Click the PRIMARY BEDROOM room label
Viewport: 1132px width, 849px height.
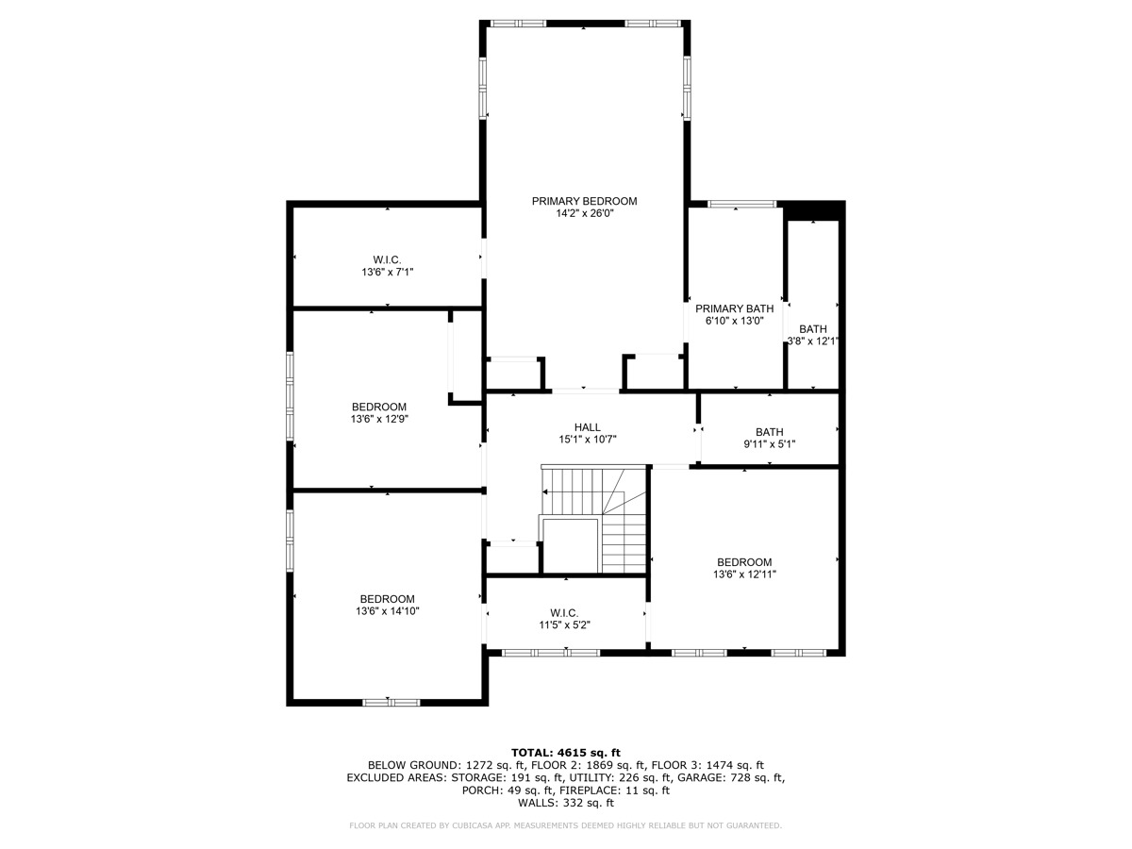coord(584,201)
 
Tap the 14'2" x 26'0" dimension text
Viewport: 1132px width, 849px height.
coord(584,214)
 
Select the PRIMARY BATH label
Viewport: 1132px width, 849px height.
coord(734,308)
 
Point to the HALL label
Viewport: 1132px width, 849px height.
coord(587,427)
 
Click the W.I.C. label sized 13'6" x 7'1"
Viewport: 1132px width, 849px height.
coord(387,259)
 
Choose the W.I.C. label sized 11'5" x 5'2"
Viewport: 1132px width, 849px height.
coord(564,612)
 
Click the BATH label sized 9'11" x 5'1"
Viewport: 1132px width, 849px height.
coord(769,432)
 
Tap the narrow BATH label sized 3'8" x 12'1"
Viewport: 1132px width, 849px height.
coord(812,329)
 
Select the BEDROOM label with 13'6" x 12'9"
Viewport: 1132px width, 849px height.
coord(379,407)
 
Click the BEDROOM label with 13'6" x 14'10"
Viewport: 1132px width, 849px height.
coord(387,599)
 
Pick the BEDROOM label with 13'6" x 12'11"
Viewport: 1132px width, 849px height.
coord(743,561)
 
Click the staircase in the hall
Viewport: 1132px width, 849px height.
coord(594,519)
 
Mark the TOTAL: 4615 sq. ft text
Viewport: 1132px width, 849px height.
coord(566,752)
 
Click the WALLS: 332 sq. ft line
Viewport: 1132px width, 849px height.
coord(566,804)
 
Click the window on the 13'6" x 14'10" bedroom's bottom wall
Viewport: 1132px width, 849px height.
coord(391,702)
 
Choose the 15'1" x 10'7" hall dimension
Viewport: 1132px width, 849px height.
coord(587,440)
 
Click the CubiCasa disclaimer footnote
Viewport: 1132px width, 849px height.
coord(566,826)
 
